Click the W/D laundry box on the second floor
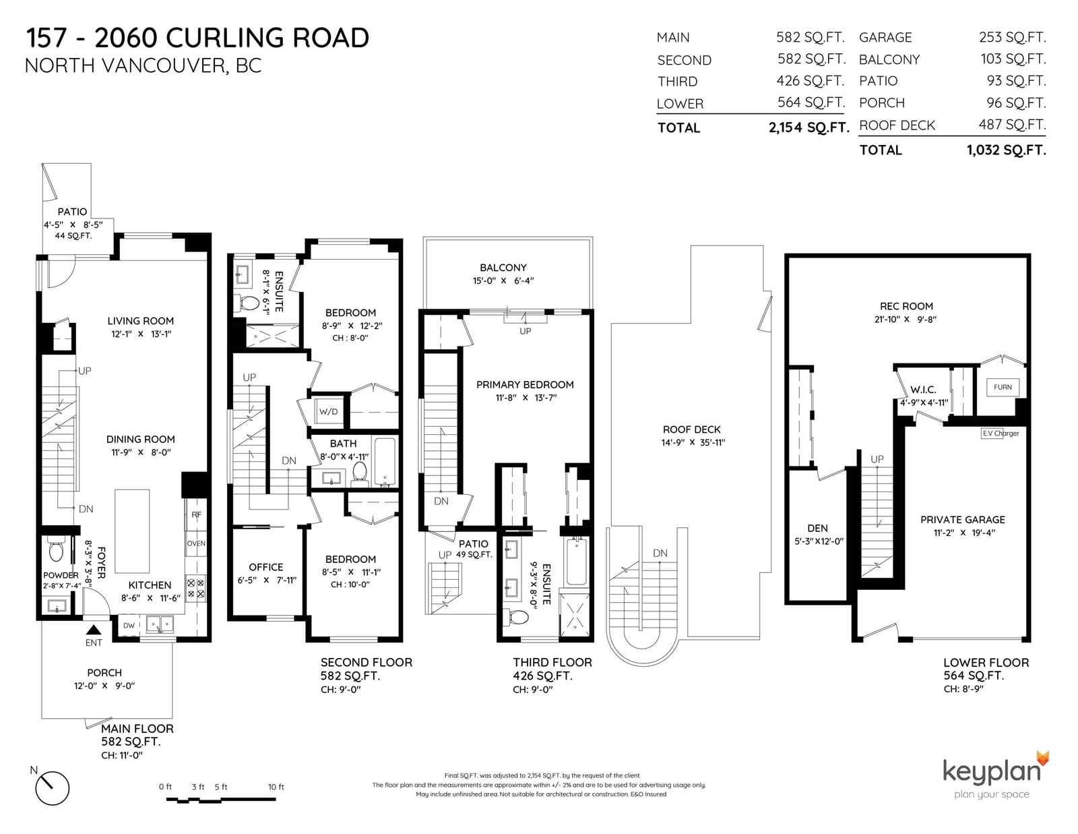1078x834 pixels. coord(328,411)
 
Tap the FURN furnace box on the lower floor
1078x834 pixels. coord(1003,387)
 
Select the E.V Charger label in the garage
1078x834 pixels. coord(1001,434)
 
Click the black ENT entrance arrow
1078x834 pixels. coord(94,630)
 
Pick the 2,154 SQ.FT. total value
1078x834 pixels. coord(808,127)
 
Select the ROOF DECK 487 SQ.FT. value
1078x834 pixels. coord(1012,125)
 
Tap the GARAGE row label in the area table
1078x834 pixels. coord(885,37)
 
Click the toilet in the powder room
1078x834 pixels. coord(55,549)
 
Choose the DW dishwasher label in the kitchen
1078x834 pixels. coord(129,626)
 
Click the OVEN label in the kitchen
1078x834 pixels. coord(196,543)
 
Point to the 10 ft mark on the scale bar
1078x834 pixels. coord(276,787)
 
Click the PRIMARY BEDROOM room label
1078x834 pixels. coord(525,385)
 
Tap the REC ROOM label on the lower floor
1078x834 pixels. coord(906,306)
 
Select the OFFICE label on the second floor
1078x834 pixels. coord(266,567)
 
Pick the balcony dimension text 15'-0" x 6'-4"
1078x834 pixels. coord(503,281)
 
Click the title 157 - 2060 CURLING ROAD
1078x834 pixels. coord(197,38)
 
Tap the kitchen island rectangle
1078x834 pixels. coord(132,531)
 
